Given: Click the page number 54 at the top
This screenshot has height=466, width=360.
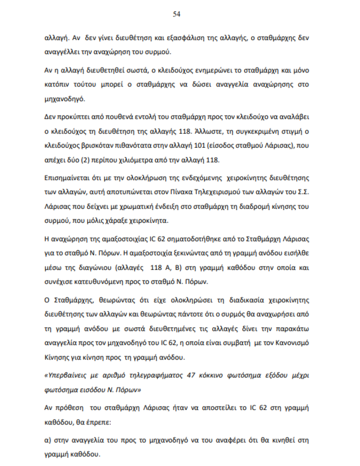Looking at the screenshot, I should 176,15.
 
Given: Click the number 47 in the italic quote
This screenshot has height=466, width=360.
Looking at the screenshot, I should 191,375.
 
